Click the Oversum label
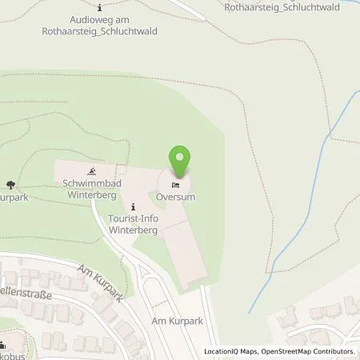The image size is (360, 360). pos(177,196)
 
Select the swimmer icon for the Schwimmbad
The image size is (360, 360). pos(94,172)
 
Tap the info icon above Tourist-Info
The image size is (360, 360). pos(133,206)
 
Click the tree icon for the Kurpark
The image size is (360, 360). pos(10,184)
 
